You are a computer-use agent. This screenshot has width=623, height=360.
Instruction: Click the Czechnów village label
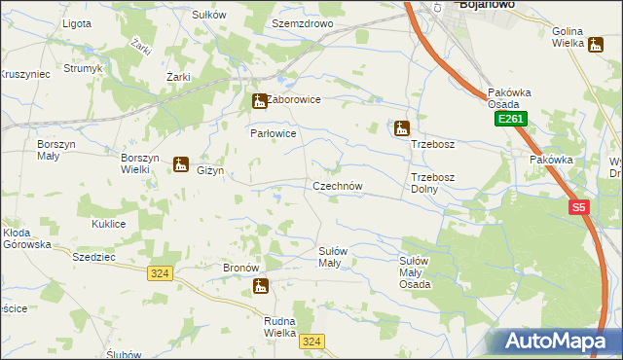338,186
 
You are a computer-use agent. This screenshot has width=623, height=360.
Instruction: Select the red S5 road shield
579,207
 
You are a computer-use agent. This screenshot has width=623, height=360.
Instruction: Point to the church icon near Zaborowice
259,100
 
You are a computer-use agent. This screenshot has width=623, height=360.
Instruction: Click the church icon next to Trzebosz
401,128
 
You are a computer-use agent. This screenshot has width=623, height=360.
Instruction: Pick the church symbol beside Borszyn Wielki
180,164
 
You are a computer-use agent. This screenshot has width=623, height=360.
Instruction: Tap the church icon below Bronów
260,286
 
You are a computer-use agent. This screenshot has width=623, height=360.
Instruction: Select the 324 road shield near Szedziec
161,273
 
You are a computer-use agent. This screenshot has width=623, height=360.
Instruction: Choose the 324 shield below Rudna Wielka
311,341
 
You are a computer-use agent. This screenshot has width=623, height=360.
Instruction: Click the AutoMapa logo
560,340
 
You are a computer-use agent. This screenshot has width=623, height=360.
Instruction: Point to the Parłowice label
273,133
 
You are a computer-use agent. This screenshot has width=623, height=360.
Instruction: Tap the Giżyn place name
210,171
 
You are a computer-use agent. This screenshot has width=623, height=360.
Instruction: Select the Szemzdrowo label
303,22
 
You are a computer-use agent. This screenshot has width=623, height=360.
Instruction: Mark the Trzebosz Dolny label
432,183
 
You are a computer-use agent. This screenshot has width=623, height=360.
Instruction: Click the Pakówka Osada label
509,98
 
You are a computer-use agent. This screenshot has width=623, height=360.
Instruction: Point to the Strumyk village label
84,68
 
